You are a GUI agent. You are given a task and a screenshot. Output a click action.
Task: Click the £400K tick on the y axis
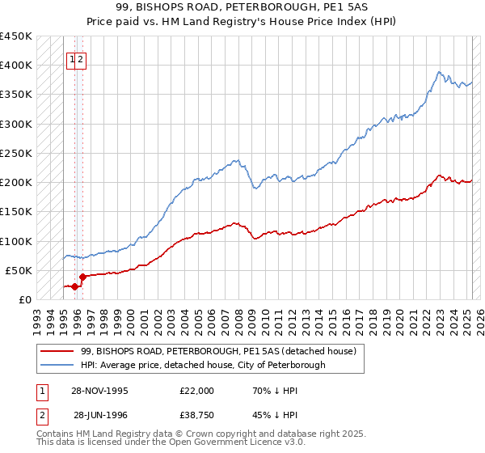tap(16, 66)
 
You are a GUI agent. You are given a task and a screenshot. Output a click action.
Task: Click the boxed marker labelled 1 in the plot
tap(72, 59)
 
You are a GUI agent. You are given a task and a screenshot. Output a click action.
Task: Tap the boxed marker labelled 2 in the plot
tap(82, 59)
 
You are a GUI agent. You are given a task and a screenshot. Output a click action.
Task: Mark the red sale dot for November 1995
tap(74, 286)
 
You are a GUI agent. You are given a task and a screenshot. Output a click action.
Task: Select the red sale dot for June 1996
tap(82, 277)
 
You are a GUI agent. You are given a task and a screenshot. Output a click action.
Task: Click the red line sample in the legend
tap(57, 351)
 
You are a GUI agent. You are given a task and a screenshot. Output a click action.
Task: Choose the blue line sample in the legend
tap(57, 365)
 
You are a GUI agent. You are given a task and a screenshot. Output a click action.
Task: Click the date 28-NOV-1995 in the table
tap(100, 391)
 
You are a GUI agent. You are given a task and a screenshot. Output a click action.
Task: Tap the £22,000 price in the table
tap(197, 391)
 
